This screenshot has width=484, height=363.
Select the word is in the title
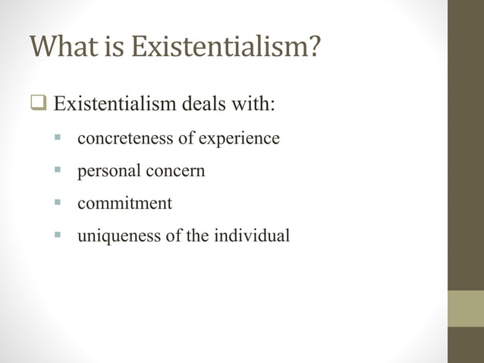(115, 47)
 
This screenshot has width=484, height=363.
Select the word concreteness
(123, 139)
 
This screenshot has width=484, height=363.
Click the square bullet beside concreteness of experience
(58, 139)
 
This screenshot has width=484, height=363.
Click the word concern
(175, 172)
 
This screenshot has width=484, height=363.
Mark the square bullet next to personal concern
(58, 171)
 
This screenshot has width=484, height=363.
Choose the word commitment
(124, 204)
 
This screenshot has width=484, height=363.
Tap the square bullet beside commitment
(58, 204)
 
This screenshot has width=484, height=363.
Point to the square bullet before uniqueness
(58, 235)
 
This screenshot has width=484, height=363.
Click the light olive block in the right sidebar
(465, 308)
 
